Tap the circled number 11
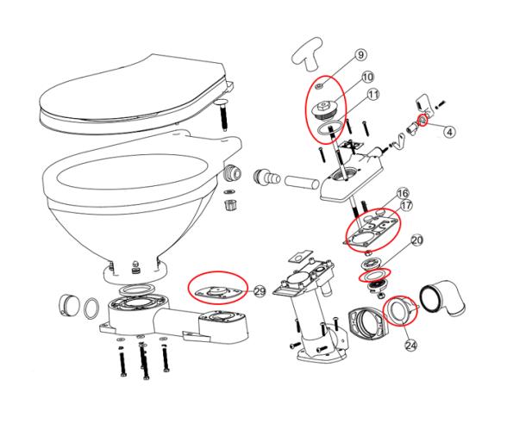pyautogui.click(x=373, y=93)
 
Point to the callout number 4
pyautogui.click(x=451, y=132)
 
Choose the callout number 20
pyautogui.click(x=416, y=240)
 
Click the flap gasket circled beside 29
pyautogui.click(x=216, y=286)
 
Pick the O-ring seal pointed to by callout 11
pyautogui.click(x=325, y=128)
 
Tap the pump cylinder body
pyautogui.click(x=309, y=306)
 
